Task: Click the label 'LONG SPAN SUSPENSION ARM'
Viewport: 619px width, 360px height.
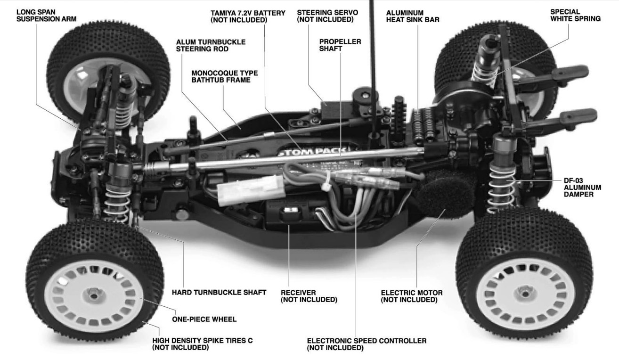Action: (47, 16)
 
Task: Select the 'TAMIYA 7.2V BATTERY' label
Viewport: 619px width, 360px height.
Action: (248, 13)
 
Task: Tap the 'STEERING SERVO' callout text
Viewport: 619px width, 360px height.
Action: (327, 12)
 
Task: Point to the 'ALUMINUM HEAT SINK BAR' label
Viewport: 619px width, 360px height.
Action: (413, 16)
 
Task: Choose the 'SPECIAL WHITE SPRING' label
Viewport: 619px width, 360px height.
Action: (575, 15)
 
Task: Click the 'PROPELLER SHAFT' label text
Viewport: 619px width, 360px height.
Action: (340, 45)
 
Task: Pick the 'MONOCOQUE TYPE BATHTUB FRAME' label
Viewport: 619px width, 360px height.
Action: (224, 77)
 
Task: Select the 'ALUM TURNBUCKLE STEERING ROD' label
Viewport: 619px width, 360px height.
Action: (211, 45)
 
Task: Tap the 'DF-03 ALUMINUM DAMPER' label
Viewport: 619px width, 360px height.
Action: (583, 188)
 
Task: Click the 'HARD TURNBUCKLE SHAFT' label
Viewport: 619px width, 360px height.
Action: (219, 293)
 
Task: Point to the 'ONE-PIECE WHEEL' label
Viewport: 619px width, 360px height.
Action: (204, 319)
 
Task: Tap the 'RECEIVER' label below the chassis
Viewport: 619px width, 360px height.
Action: (298, 293)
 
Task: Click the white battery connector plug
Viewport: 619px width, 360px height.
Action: (251, 190)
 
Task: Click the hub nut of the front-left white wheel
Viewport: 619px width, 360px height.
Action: (94, 295)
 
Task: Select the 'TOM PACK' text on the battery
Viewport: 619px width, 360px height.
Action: (314, 152)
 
